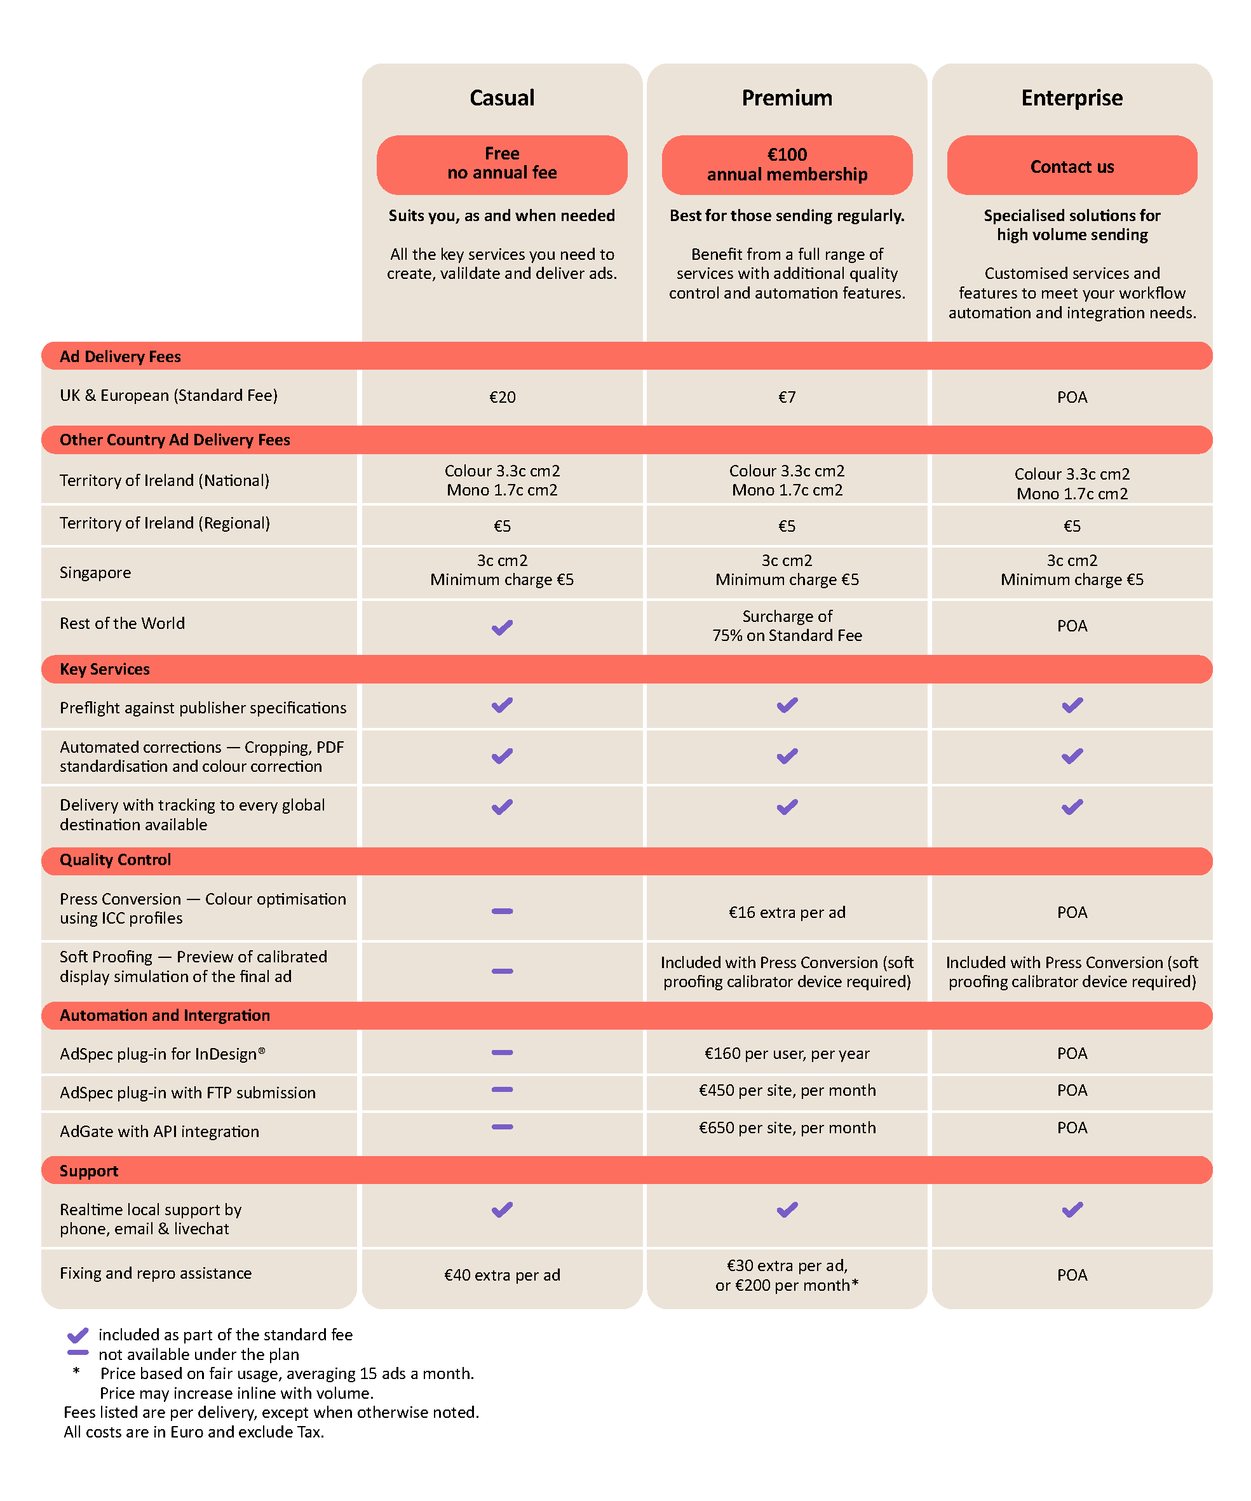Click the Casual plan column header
502,98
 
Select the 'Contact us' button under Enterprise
1072,166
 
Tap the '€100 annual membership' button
787,165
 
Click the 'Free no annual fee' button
502,164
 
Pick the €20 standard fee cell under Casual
502,398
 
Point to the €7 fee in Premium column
787,398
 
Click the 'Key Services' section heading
105,669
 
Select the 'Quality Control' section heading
115,860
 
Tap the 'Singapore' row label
95,572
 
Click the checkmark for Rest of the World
502,628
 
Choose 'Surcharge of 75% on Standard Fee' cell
787,626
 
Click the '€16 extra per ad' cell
787,912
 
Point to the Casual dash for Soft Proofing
502,971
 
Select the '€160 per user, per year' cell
787,1054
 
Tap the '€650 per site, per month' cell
787,1128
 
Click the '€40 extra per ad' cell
502,1275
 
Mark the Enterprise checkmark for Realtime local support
1072,1210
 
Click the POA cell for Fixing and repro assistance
1072,1275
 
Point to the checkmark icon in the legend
78,1335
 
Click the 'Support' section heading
89,1171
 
